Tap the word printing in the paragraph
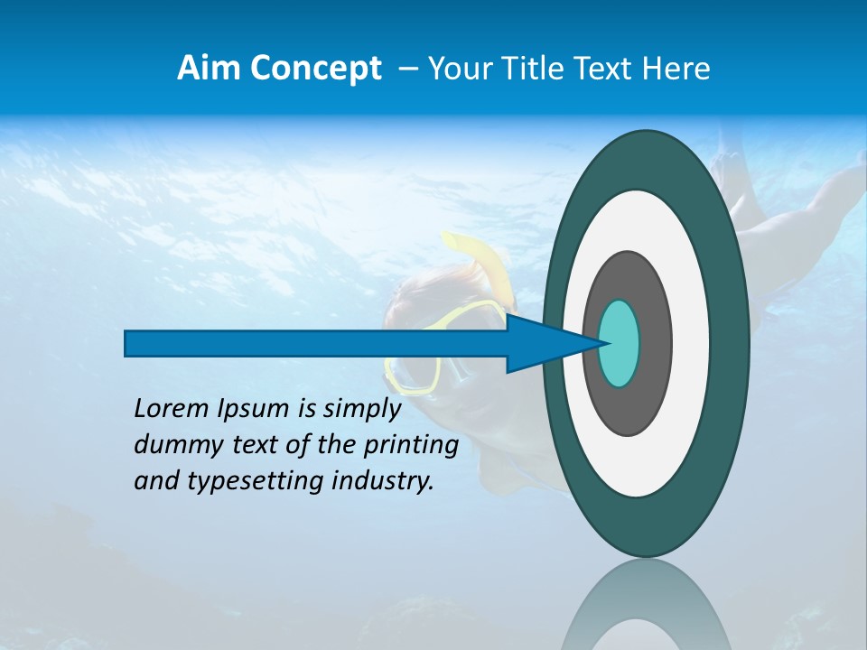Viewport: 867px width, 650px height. (x=410, y=445)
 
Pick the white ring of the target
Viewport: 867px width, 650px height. (x=691, y=343)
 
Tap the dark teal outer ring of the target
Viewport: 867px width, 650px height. (x=730, y=343)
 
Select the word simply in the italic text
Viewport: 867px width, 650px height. (x=361, y=409)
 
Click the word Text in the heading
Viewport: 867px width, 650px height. (x=613, y=69)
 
